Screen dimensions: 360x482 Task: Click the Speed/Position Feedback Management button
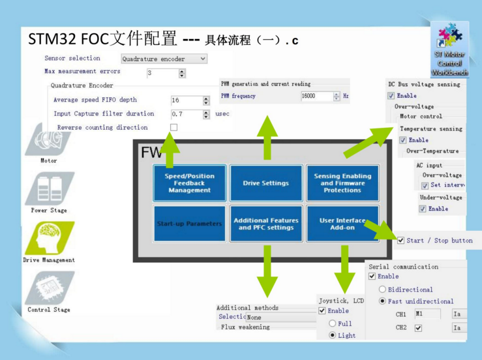click(x=189, y=183)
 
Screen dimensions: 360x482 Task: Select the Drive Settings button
click(x=265, y=183)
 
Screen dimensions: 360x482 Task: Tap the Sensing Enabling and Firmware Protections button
click(x=342, y=183)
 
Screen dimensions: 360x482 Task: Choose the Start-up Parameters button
click(x=189, y=224)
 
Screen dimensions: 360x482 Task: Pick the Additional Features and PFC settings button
click(x=265, y=224)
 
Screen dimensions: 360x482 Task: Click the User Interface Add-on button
click(x=342, y=224)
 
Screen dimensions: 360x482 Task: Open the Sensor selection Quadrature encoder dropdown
click(x=164, y=59)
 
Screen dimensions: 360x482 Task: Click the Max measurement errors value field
click(x=162, y=73)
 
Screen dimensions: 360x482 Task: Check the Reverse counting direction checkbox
click(x=173, y=127)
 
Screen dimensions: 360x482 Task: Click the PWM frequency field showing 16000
click(x=316, y=96)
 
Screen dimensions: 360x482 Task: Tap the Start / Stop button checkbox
click(x=400, y=241)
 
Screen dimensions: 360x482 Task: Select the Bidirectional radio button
click(x=382, y=290)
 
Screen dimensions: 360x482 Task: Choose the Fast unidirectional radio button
click(x=382, y=301)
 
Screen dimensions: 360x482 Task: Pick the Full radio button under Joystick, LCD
click(x=333, y=323)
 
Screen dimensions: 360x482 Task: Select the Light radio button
click(x=333, y=335)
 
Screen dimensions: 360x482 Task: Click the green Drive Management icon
click(x=49, y=238)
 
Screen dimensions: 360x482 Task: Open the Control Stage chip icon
click(x=49, y=288)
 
